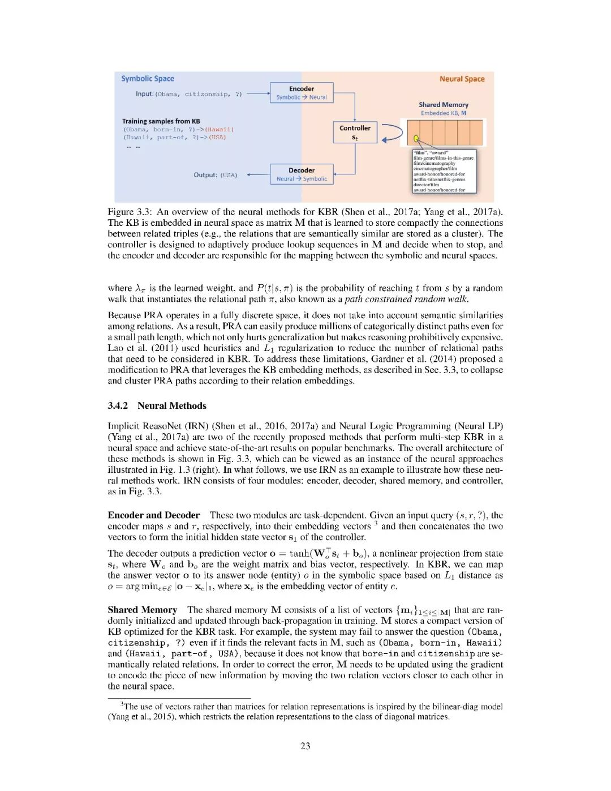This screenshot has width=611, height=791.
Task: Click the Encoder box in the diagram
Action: click(x=302, y=93)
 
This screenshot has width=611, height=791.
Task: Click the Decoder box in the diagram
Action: click(x=302, y=174)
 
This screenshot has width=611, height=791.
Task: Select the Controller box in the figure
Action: click(x=355, y=132)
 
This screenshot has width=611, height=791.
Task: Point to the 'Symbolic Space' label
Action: click(x=148, y=79)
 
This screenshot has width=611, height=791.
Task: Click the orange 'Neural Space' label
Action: click(x=462, y=79)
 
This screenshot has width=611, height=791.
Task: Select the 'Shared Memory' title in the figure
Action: click(x=444, y=105)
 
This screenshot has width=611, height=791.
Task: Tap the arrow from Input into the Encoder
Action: click(x=258, y=94)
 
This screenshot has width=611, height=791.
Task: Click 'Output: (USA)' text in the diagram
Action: click(x=216, y=175)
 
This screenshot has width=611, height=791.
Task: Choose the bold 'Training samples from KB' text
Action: click(x=161, y=121)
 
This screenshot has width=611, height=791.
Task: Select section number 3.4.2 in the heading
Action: click(x=118, y=405)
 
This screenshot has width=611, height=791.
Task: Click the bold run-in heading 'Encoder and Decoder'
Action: click(x=154, y=515)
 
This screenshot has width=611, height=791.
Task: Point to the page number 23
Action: click(x=305, y=746)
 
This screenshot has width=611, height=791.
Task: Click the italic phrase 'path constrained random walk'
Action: click(x=406, y=299)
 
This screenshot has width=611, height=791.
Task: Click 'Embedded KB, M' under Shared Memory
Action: click(x=444, y=113)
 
